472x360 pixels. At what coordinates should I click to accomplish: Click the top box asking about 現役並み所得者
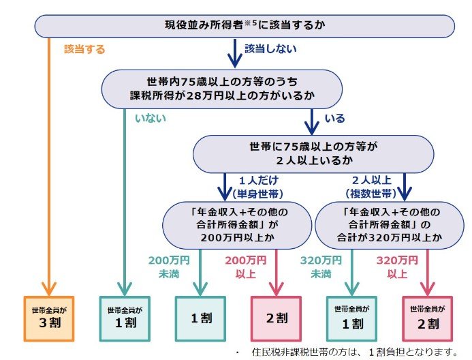click(x=245, y=25)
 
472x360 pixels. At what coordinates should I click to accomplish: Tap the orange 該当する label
click(x=86, y=49)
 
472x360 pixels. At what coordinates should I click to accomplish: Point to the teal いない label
click(x=151, y=118)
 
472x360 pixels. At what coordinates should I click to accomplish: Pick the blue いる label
click(x=334, y=118)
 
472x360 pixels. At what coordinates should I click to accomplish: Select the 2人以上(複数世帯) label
click(x=371, y=187)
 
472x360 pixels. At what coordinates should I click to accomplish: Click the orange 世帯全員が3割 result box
click(x=48, y=318)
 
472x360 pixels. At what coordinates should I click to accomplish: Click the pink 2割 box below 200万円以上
click(x=275, y=318)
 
